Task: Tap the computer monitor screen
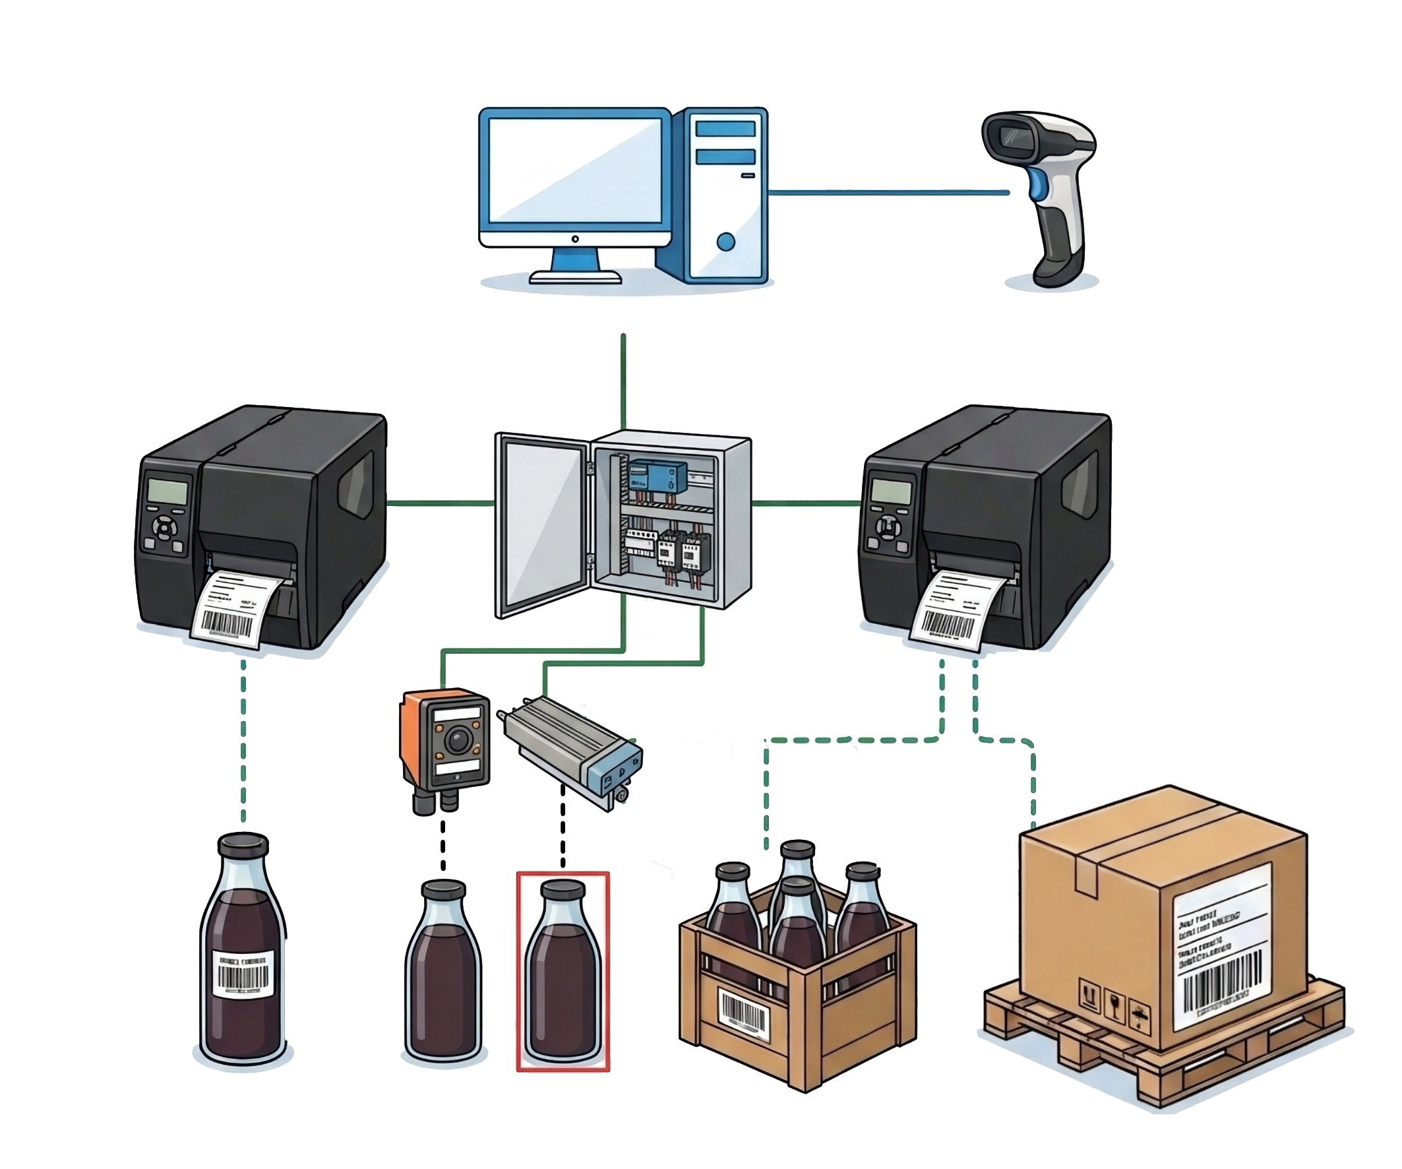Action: coord(575,170)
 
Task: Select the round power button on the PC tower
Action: coord(725,241)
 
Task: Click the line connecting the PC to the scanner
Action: coord(888,193)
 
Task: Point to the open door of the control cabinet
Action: coord(542,524)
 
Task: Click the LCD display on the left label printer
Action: coord(168,491)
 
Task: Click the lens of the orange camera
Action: coord(458,740)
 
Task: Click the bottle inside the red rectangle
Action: coord(562,975)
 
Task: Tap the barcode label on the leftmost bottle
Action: coord(243,975)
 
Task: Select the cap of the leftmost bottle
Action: coord(243,845)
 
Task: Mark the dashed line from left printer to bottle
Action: coord(243,742)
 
